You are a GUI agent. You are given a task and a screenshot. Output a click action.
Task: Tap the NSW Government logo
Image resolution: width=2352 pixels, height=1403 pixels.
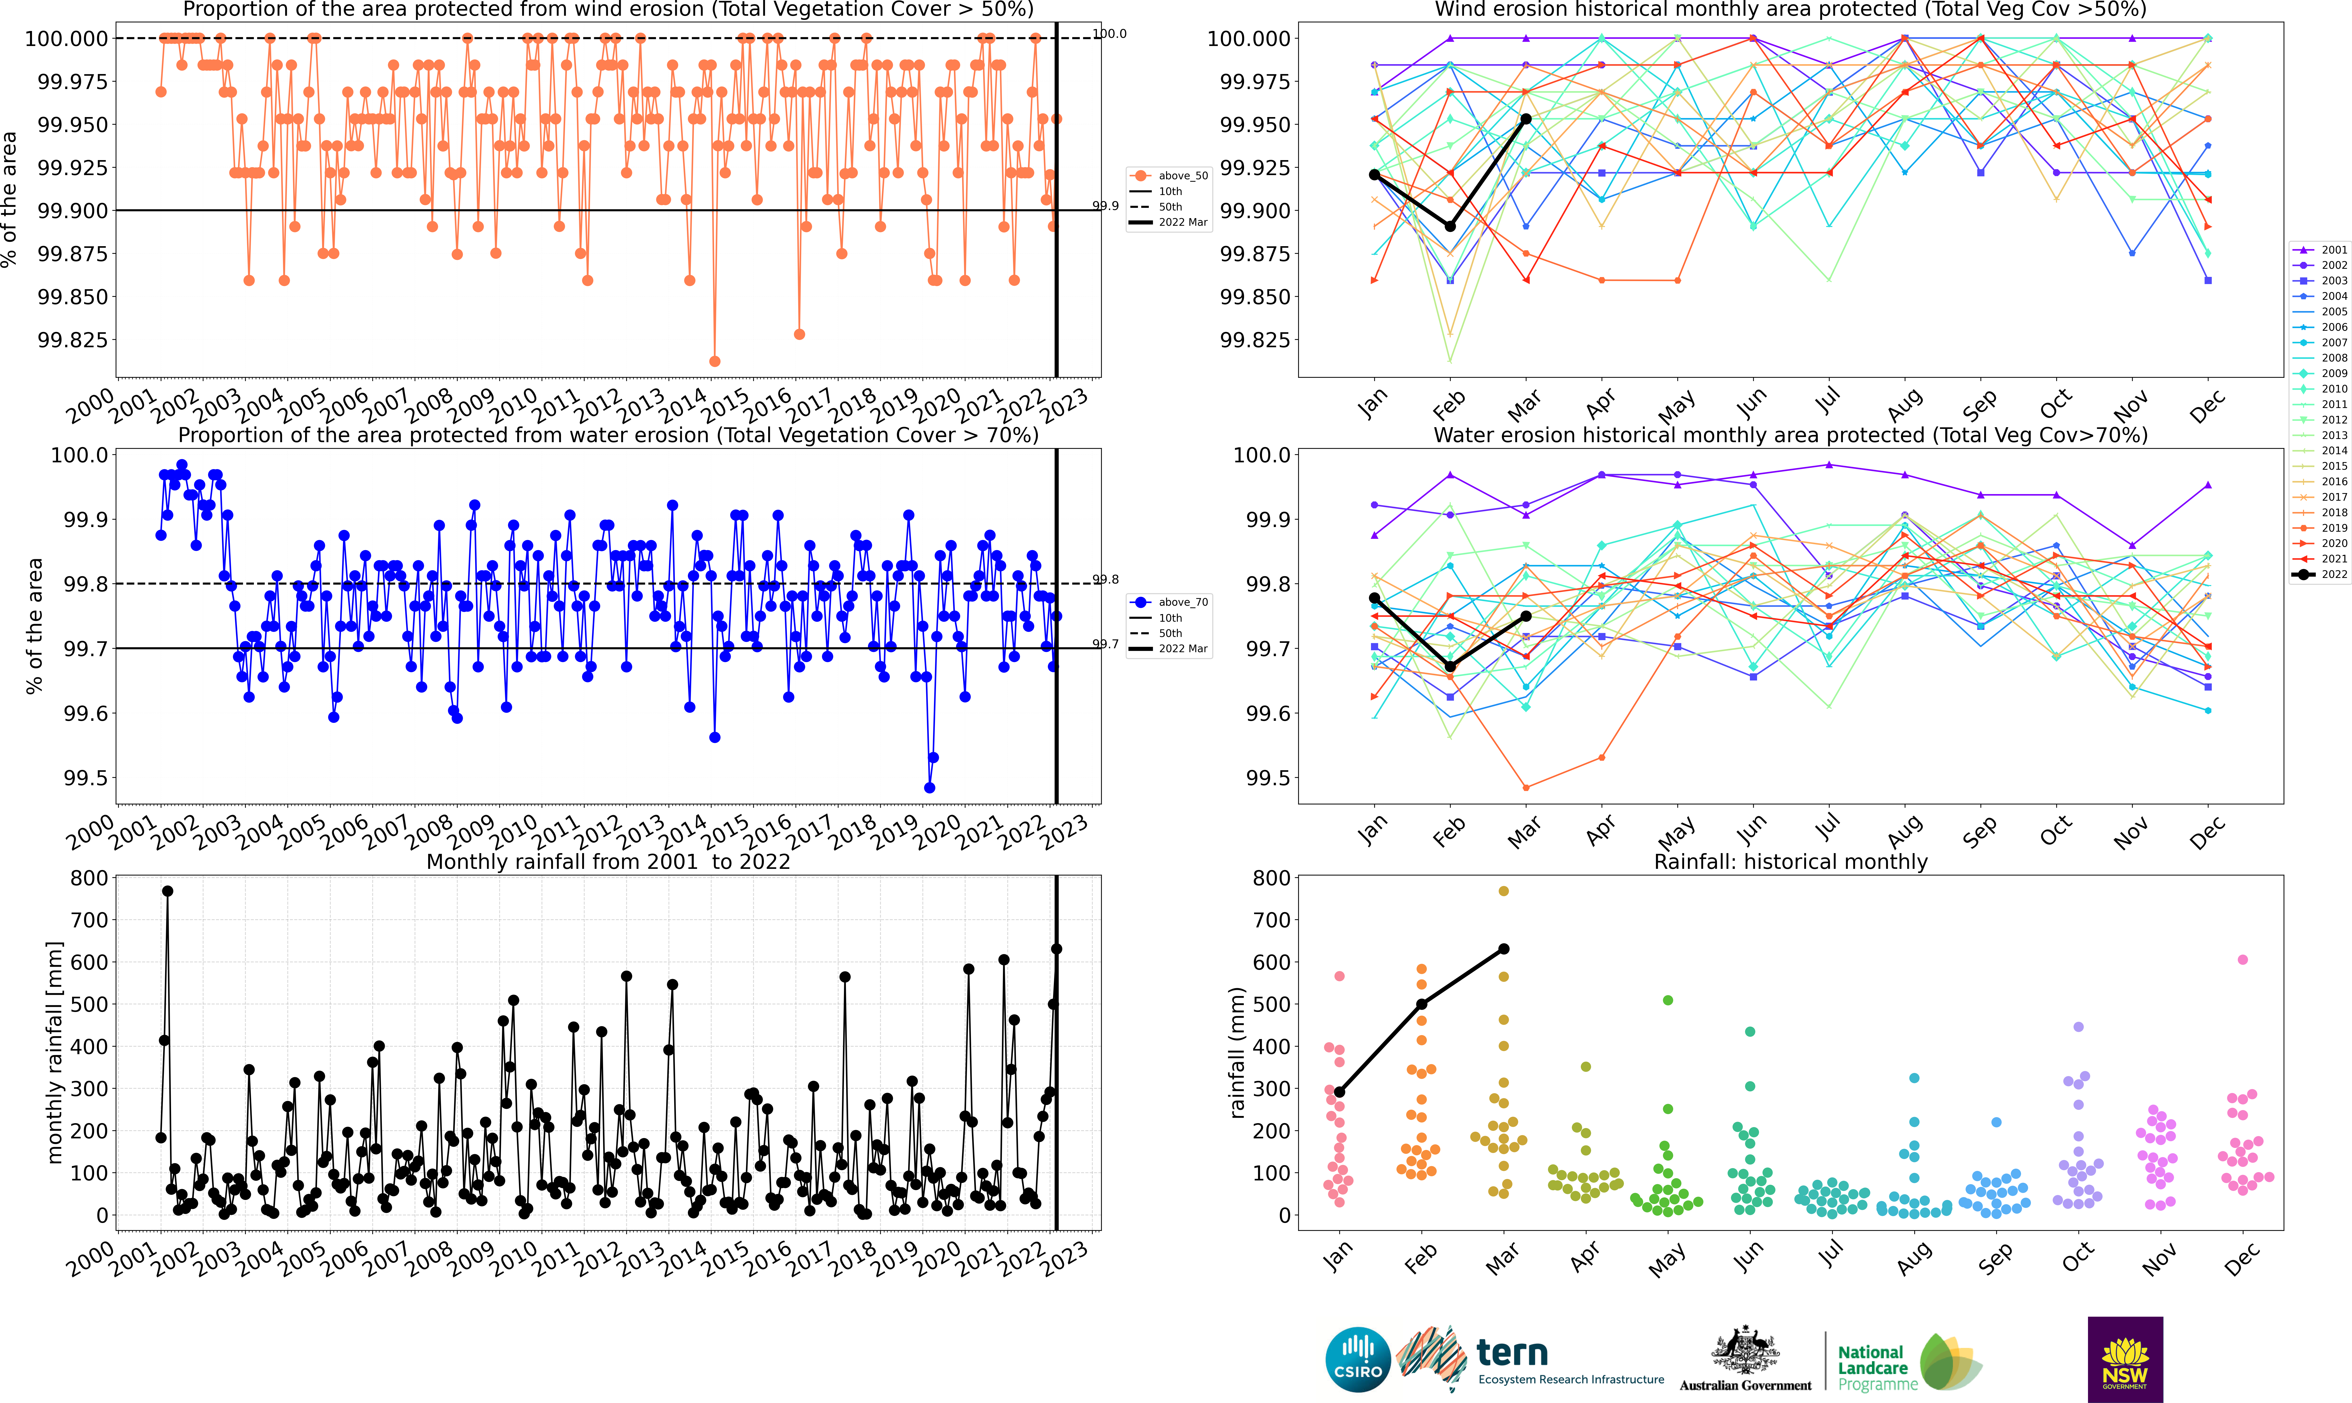click(2125, 1359)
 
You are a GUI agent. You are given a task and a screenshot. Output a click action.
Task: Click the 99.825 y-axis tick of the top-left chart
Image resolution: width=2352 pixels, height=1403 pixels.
click(72, 339)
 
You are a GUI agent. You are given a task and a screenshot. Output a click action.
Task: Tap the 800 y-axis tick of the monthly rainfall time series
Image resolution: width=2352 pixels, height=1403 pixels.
click(89, 878)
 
